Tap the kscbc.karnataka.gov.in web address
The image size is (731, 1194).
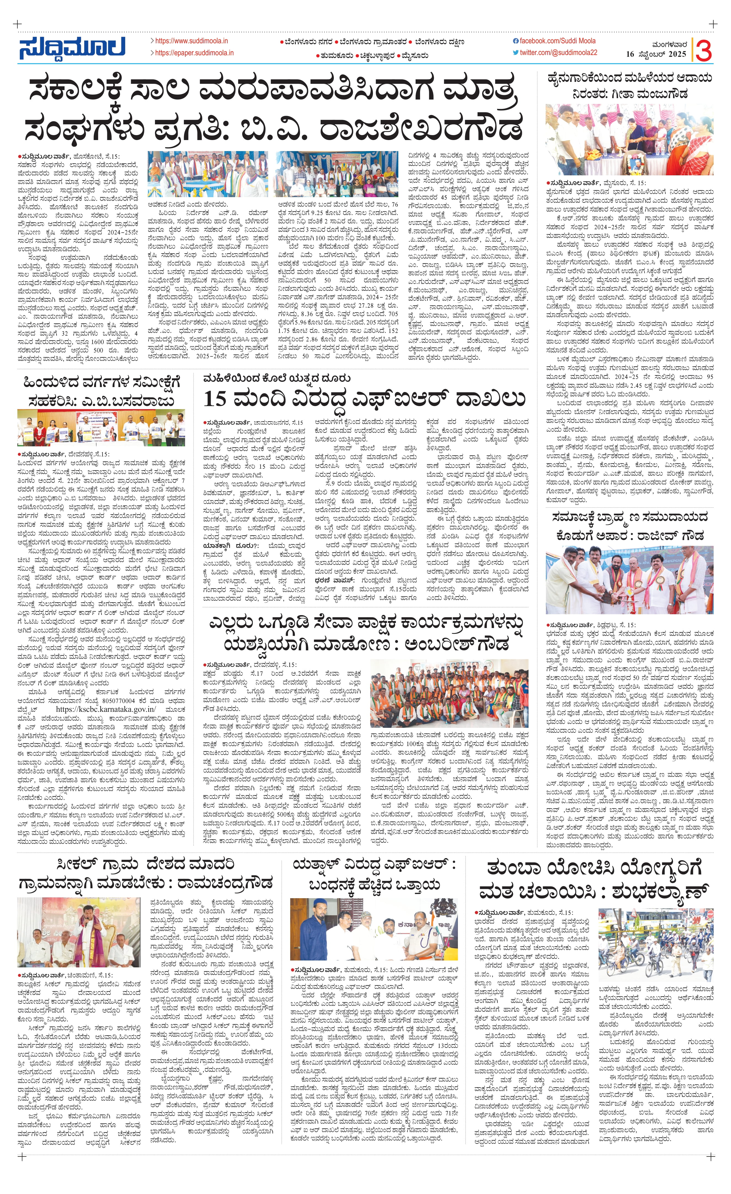[x=106, y=709]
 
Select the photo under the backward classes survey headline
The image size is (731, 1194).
[x=101, y=427]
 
